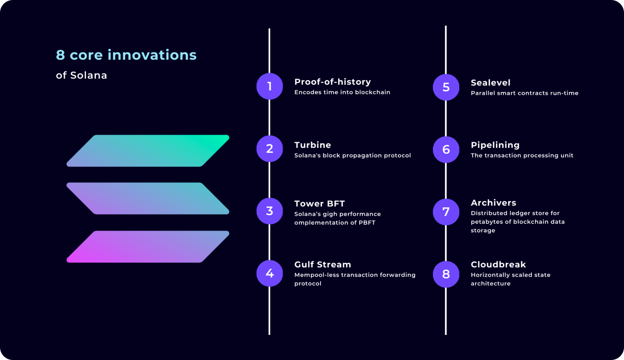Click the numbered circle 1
click(x=269, y=87)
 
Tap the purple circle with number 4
click(x=269, y=273)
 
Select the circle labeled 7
click(x=446, y=212)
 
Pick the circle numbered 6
click(x=446, y=150)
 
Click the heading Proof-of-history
click(x=333, y=82)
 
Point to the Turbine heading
click(x=313, y=145)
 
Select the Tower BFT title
click(x=320, y=204)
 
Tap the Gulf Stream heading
click(x=323, y=264)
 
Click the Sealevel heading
click(x=490, y=83)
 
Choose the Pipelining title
click(x=495, y=145)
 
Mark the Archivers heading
click(x=493, y=203)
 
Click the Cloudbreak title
click(x=498, y=264)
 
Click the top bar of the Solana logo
click(x=148, y=151)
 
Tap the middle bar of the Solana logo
click(x=148, y=199)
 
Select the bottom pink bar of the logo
click(x=148, y=247)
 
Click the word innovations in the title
click(x=152, y=55)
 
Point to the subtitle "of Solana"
click(x=81, y=75)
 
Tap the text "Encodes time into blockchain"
click(x=342, y=92)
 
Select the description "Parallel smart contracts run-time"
click(x=525, y=93)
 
